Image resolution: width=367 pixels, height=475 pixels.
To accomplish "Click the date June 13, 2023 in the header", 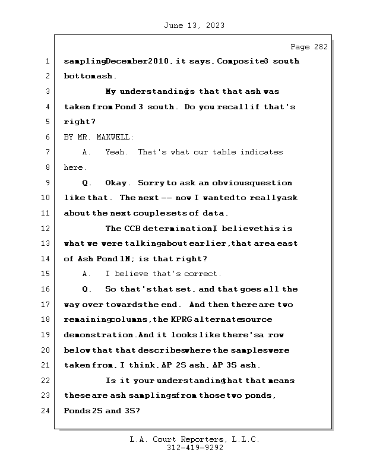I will pos(193,26).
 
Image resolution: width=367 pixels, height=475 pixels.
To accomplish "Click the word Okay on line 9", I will pos(118,183).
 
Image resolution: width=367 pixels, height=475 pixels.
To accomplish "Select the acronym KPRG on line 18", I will pos(181,320).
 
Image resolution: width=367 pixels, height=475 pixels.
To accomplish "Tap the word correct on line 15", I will pos(201,274).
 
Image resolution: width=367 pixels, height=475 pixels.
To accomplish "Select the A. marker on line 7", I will pos(87,153).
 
